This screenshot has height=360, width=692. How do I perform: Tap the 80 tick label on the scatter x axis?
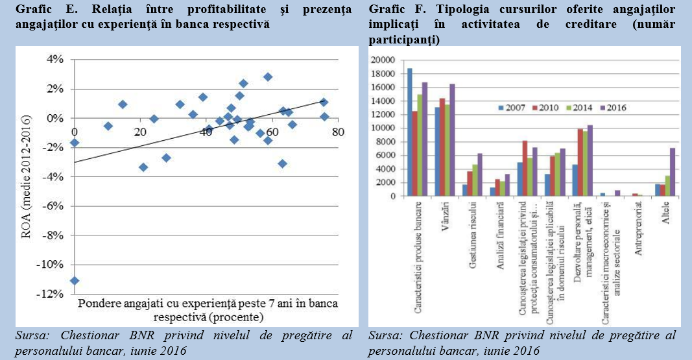point(337,132)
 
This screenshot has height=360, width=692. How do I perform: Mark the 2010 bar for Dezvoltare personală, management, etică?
point(580,162)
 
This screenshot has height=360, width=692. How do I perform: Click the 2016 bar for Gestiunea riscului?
point(480,174)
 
